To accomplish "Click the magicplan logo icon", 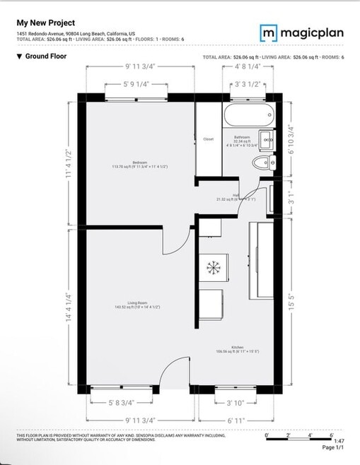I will coord(268,33).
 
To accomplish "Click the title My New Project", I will coord(46,23).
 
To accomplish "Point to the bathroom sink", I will coord(267,140).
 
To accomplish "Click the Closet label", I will coord(209,139).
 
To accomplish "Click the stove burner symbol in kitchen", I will coord(213,266).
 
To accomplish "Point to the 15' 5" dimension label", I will coord(292,298).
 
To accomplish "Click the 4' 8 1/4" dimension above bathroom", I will coord(248,67).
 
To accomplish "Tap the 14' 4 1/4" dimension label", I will coord(69,307).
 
